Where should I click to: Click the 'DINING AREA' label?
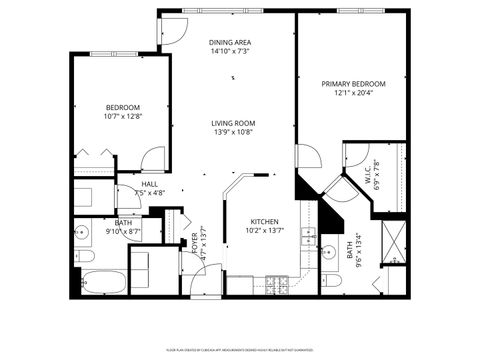click(229, 42)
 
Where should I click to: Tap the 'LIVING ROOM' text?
click(231, 123)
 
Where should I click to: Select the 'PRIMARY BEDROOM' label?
click(353, 84)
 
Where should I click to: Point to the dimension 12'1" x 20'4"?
click(353, 94)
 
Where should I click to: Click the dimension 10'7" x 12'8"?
click(123, 117)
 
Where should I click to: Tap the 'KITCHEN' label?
click(264, 221)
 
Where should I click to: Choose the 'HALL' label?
click(149, 184)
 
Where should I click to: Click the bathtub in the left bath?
click(104, 281)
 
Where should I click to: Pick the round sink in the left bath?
click(83, 233)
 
